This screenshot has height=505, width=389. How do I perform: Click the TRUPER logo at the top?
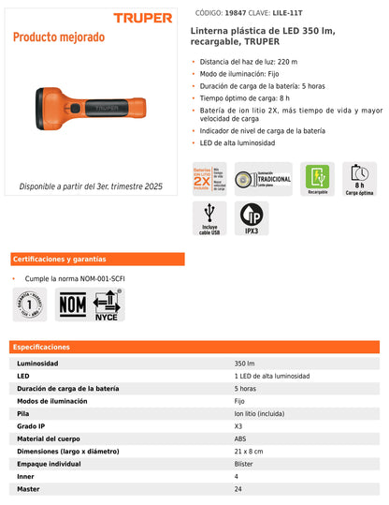(143, 18)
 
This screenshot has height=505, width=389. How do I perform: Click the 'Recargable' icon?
(318, 178)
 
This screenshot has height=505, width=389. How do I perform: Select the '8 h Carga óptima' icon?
(359, 178)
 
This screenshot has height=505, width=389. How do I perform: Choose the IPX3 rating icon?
(251, 219)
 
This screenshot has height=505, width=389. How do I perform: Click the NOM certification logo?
(72, 303)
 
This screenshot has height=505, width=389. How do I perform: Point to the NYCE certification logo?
(107, 304)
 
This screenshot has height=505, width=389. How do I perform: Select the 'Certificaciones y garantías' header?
(60, 259)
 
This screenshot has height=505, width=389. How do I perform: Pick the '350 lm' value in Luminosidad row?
(245, 364)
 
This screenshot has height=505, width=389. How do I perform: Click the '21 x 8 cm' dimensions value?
(250, 452)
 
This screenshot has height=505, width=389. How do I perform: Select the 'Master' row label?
(29, 489)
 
